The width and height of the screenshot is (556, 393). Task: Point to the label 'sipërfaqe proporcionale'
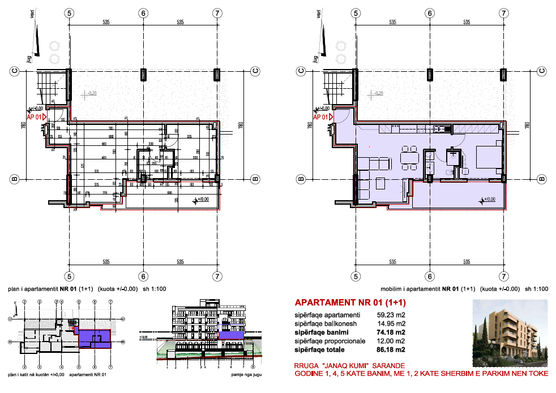pos(327,341)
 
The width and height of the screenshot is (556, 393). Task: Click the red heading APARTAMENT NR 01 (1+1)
pos(350,302)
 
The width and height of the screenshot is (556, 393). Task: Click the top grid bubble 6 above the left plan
pos(143,12)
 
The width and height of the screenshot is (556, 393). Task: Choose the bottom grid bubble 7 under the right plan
pos(503,276)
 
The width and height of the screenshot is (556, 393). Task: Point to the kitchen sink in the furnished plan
pos(439,129)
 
